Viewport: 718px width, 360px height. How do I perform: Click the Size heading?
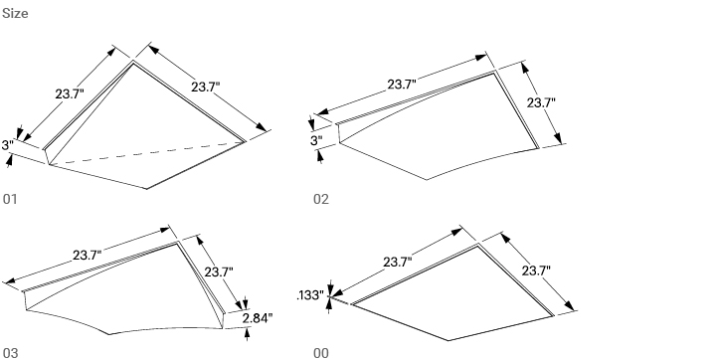(15, 14)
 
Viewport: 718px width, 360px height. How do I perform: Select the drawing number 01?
(10, 199)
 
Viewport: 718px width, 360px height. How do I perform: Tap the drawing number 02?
(320, 199)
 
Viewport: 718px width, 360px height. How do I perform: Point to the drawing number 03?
(10, 352)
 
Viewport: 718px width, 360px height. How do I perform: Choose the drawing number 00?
(320, 352)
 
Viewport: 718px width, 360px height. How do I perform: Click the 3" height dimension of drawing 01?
(8, 146)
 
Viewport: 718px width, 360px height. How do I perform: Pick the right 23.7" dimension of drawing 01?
(206, 87)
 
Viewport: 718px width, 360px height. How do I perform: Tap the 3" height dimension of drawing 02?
(317, 141)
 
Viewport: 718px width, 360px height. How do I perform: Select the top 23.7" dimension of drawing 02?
(402, 85)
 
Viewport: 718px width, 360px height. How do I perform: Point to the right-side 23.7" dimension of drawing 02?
(541, 102)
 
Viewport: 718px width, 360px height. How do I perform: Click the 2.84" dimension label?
(258, 318)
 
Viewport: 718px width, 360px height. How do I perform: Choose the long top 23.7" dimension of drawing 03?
(87, 256)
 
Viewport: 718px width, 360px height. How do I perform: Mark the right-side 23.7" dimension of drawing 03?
(219, 271)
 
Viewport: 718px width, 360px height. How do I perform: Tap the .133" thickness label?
(309, 295)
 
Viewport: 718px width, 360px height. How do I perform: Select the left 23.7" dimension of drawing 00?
(398, 263)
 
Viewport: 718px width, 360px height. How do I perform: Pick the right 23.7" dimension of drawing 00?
(535, 270)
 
